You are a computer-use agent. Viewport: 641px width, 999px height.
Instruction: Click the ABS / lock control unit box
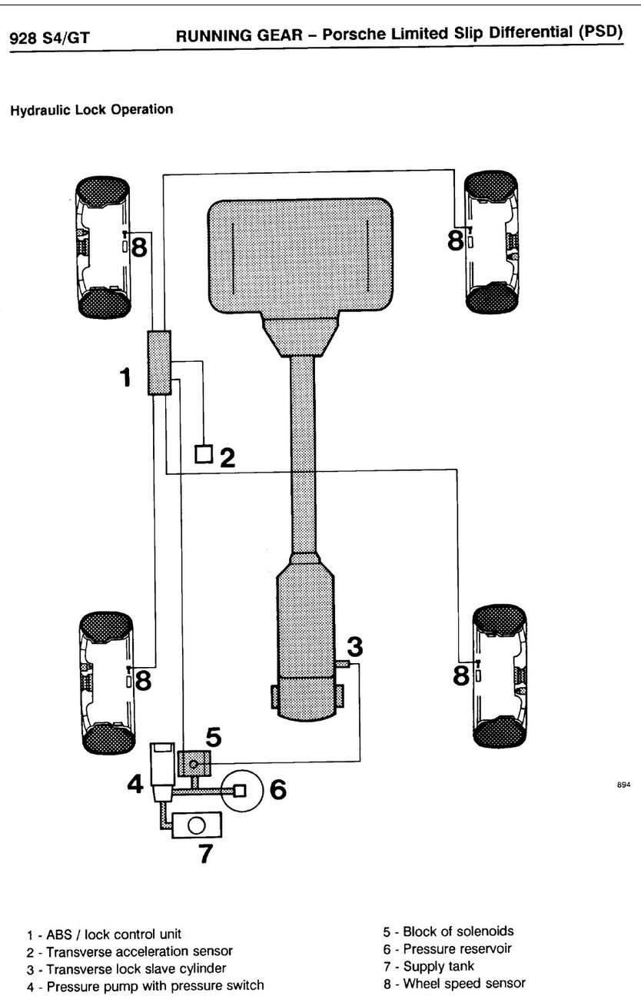point(159,363)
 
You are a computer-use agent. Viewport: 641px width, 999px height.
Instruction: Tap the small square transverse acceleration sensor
point(204,454)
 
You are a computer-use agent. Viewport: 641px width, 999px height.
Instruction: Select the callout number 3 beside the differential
point(354,647)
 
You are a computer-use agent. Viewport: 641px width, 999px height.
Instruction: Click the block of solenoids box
point(194,764)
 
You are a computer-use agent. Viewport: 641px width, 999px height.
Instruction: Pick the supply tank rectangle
point(197,825)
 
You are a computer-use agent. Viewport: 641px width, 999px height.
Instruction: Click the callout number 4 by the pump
point(135,784)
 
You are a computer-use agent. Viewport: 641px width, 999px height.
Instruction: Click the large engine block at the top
point(301,256)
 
